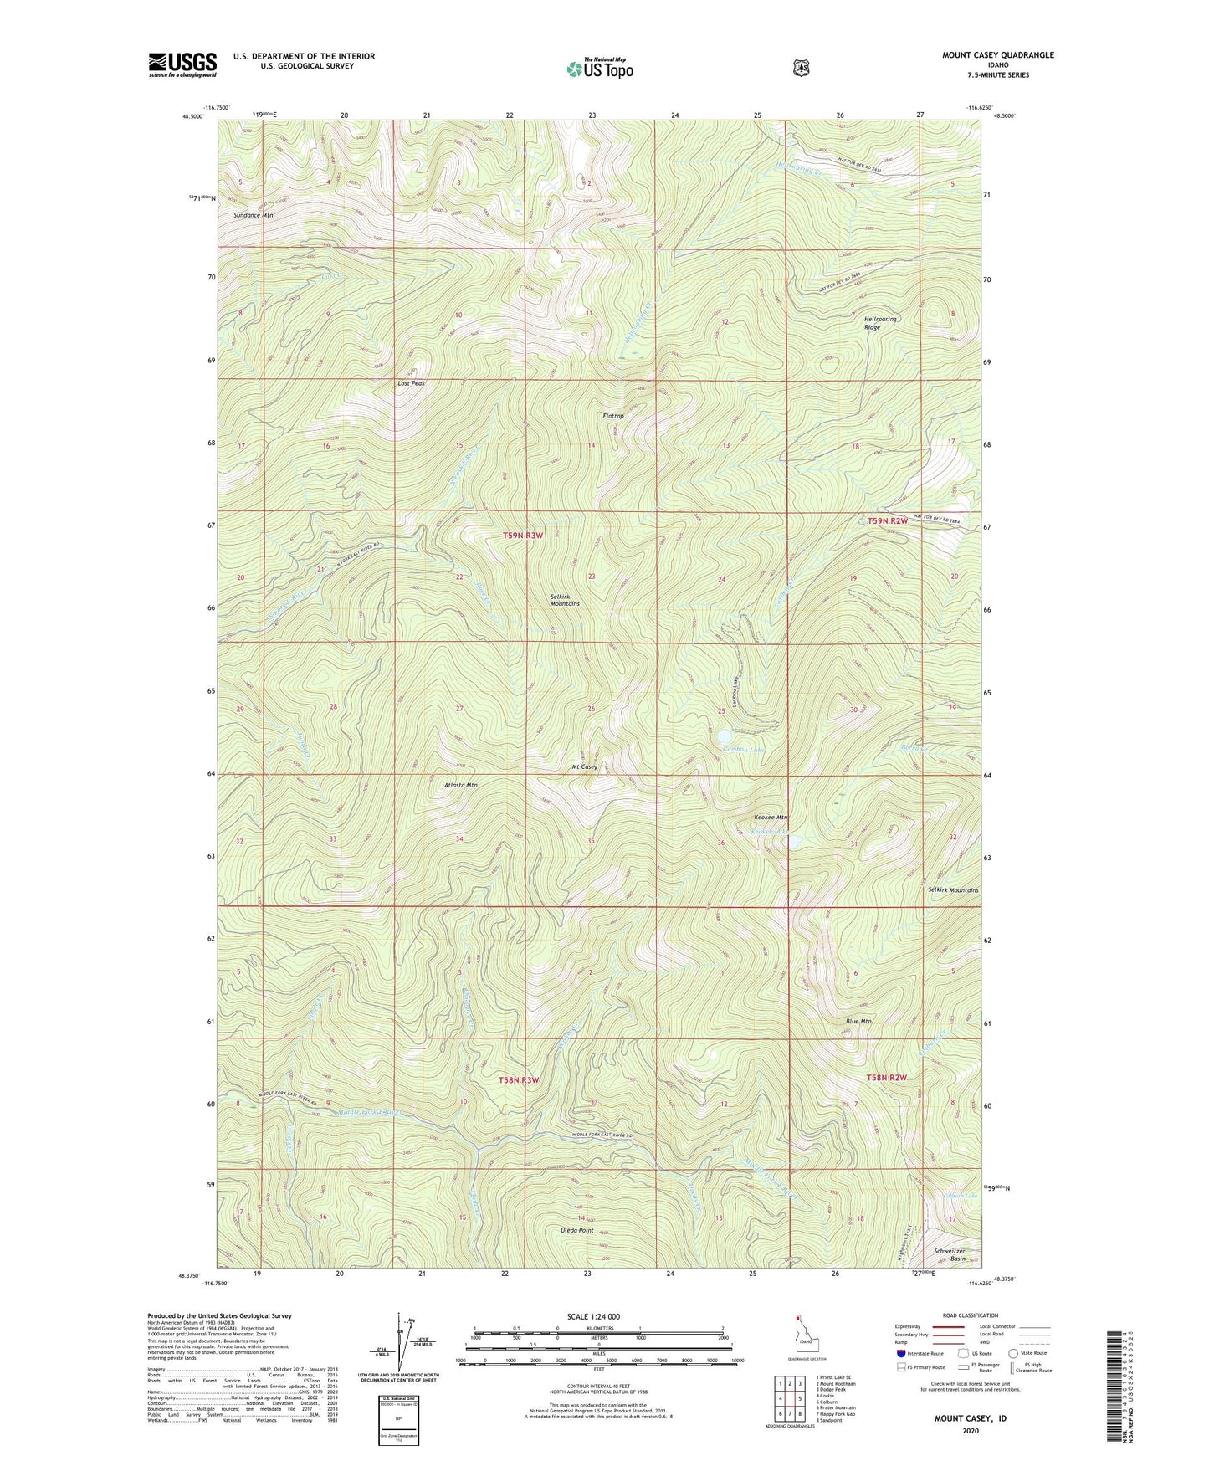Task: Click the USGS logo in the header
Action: pyautogui.click(x=182, y=64)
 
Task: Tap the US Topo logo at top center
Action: pyautogui.click(x=599, y=69)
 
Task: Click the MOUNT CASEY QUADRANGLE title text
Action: pyautogui.click(x=997, y=55)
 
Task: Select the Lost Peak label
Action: pyautogui.click(x=411, y=383)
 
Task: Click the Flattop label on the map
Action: pyautogui.click(x=613, y=416)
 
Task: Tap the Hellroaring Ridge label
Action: pyautogui.click(x=880, y=323)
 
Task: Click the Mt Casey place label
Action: pyautogui.click(x=584, y=766)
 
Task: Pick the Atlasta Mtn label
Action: pyautogui.click(x=460, y=785)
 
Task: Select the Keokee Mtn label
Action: pyautogui.click(x=770, y=817)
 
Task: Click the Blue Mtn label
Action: pyautogui.click(x=858, y=1021)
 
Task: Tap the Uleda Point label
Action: pyautogui.click(x=576, y=1230)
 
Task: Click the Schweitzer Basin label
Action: pyautogui.click(x=950, y=1255)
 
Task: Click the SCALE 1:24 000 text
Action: pyautogui.click(x=593, y=1316)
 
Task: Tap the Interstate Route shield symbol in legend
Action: pyautogui.click(x=900, y=1353)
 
